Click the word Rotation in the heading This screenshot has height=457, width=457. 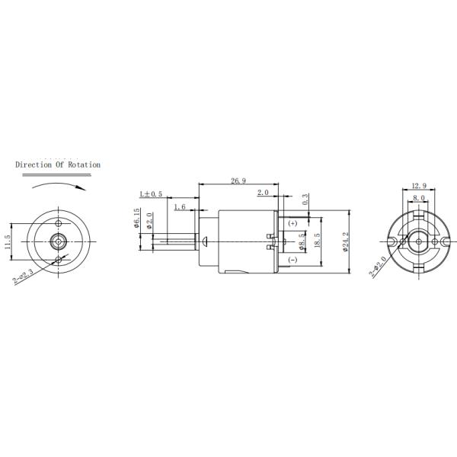click(84, 164)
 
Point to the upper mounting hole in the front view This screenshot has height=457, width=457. click(59, 222)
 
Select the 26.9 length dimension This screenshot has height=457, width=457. click(238, 181)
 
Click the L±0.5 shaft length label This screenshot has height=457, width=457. click(151, 194)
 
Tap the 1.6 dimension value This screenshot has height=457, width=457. click(180, 206)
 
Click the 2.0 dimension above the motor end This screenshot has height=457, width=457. click(263, 192)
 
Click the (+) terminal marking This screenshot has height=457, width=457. click(293, 224)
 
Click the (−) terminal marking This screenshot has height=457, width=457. click(293, 260)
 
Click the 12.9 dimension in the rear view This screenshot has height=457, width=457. click(418, 186)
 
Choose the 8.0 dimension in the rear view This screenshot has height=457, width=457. click(418, 198)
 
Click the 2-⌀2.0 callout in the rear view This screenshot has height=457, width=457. click(379, 266)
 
